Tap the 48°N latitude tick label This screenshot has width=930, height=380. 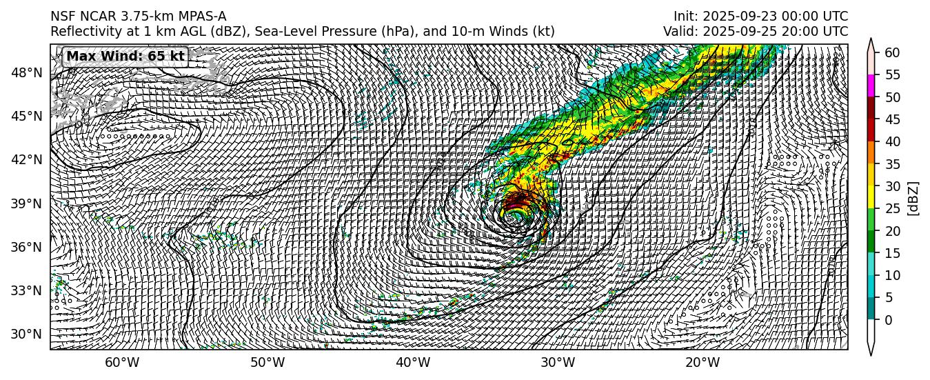point(28,72)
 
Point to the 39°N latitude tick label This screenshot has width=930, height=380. point(28,203)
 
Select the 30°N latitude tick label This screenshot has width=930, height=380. point(28,334)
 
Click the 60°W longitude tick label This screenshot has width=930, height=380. point(122,363)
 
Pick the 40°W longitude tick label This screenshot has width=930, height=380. point(413,363)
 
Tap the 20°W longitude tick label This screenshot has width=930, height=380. point(703,363)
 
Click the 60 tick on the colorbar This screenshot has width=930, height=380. point(891,53)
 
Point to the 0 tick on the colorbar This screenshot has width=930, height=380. point(888,319)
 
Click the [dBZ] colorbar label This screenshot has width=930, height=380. point(914,199)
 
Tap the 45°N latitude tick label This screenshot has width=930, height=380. point(28,116)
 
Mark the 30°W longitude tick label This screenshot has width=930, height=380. point(558,363)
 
